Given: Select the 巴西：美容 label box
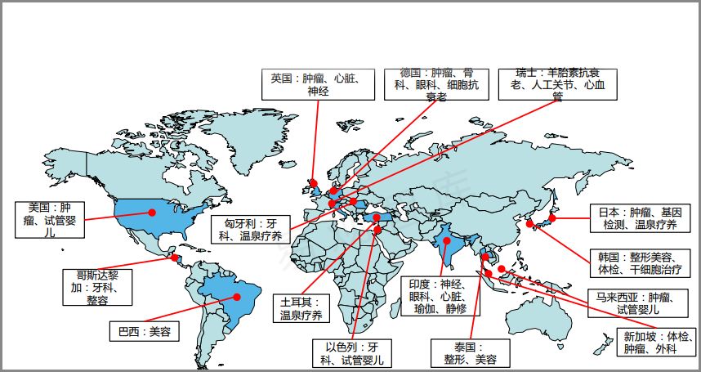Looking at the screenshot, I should tap(144, 331).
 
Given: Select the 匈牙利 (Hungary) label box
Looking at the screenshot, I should tap(248, 229).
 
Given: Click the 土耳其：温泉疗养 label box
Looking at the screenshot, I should tap(301, 308).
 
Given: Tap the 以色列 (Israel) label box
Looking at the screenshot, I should tap(351, 353).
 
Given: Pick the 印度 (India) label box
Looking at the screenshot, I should tap(440, 296).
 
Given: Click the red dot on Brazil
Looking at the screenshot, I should tap(238, 296).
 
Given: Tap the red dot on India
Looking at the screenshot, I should tap(445, 242).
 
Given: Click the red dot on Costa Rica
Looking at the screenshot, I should tap(174, 258).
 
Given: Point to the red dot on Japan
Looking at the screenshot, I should tap(552, 218).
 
